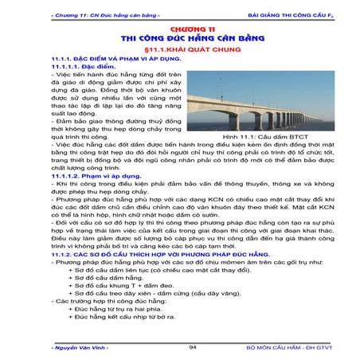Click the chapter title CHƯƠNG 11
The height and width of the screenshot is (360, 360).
click(x=179, y=28)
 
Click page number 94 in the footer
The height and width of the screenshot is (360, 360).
click(x=192, y=348)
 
